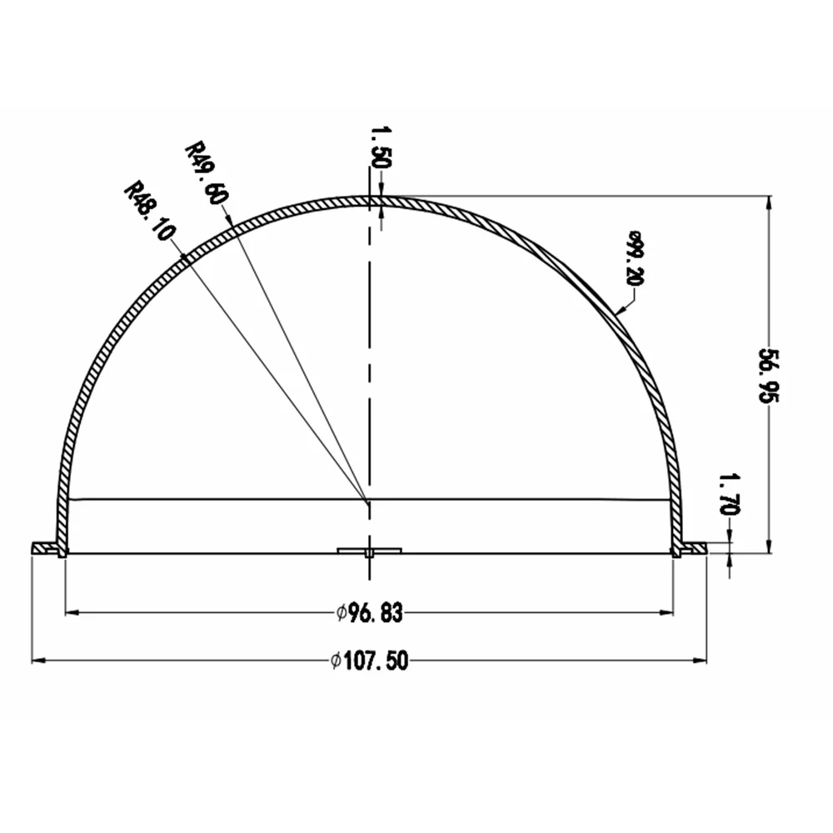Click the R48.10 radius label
[x=149, y=212]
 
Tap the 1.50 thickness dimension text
[x=381, y=147]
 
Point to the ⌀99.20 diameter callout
[x=635, y=258]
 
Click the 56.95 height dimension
[x=768, y=376]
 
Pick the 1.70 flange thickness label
[x=729, y=495]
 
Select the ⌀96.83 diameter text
[x=370, y=612]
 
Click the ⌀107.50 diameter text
[x=369, y=661]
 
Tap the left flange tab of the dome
[x=45, y=548]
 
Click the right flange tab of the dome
[x=694, y=548]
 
